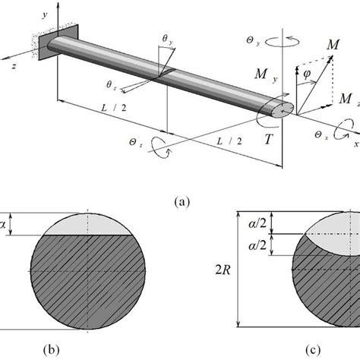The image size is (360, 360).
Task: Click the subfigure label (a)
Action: point(182,202)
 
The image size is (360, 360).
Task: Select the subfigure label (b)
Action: point(52,350)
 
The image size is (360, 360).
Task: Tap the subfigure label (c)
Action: point(313,350)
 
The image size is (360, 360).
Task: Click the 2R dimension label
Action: point(223,270)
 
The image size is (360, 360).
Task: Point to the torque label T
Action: point(269,139)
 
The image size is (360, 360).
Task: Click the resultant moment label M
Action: point(333,45)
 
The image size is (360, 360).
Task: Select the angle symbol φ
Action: point(307,74)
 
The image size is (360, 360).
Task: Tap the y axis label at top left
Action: point(45,15)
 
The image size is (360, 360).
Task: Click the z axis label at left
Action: point(14,66)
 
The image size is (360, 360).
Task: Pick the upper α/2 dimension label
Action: point(257,223)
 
